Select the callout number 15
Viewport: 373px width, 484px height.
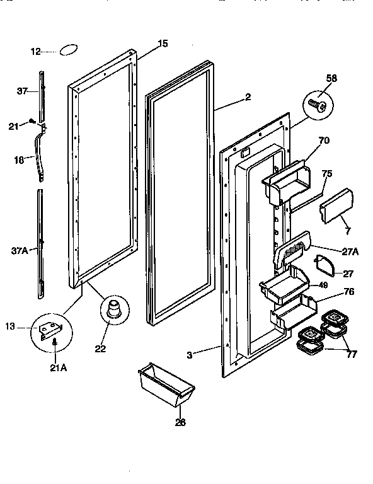[163, 43]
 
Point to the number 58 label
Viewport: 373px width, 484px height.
[332, 78]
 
